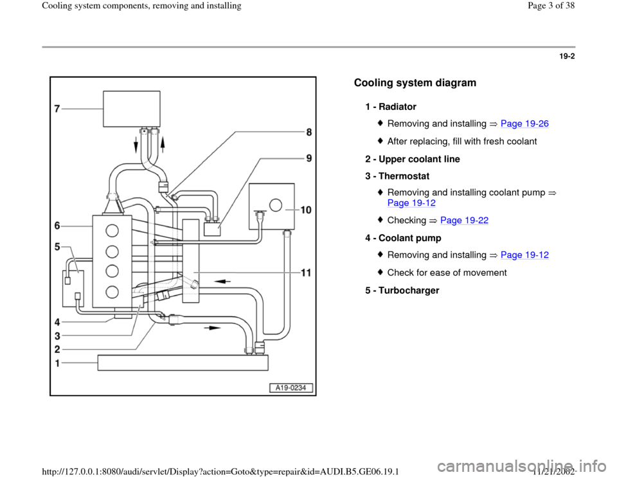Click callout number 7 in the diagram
click(57, 109)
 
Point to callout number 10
click(305, 210)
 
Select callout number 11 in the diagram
click(306, 273)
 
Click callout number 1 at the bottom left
click(58, 363)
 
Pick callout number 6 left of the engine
click(57, 226)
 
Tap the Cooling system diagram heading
click(415, 83)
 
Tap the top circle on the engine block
click(112, 231)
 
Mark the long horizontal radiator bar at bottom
click(182, 363)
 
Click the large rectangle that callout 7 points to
click(132, 109)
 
